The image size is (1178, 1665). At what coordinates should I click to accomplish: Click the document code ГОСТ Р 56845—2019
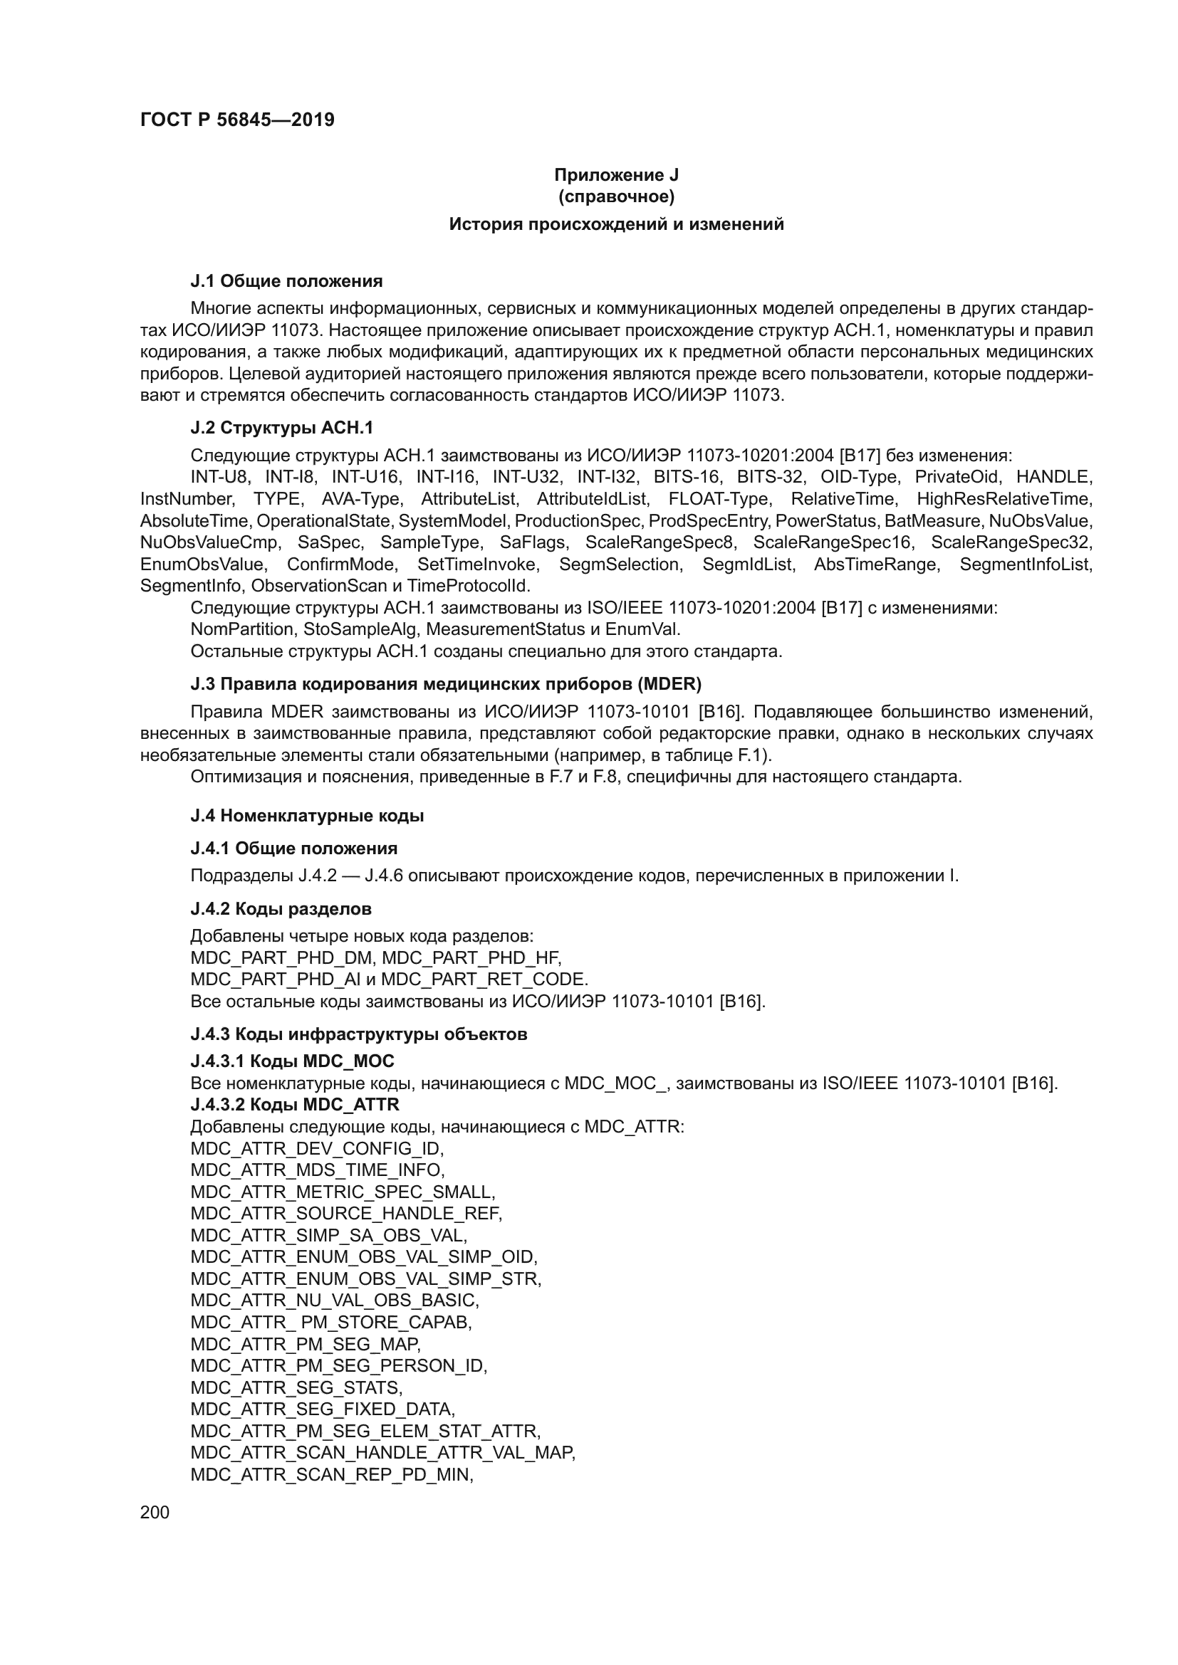pos(237,120)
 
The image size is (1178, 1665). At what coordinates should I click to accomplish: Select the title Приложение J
pos(616,175)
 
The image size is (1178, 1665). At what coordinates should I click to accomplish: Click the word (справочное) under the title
pos(616,196)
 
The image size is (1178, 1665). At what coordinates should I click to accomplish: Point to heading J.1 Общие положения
pos(286,280)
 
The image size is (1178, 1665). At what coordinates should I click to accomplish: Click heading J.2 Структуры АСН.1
pos(281,428)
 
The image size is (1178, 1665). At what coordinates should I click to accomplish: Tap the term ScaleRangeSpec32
pos(1011,542)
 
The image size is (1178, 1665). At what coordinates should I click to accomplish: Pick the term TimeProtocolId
pos(468,585)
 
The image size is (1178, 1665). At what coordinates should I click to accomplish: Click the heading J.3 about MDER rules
pos(445,684)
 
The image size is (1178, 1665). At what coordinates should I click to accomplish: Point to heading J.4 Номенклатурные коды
pos(307,816)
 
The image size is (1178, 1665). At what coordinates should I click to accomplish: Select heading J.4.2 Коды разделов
pos(281,908)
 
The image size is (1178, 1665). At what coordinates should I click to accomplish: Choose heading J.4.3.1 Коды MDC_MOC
pos(292,1061)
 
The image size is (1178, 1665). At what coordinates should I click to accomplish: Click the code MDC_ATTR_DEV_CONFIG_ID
pos(317,1149)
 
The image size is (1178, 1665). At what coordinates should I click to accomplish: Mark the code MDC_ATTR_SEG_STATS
pos(296,1387)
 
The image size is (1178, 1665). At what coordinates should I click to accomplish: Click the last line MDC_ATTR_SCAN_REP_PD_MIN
pos(331,1474)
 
